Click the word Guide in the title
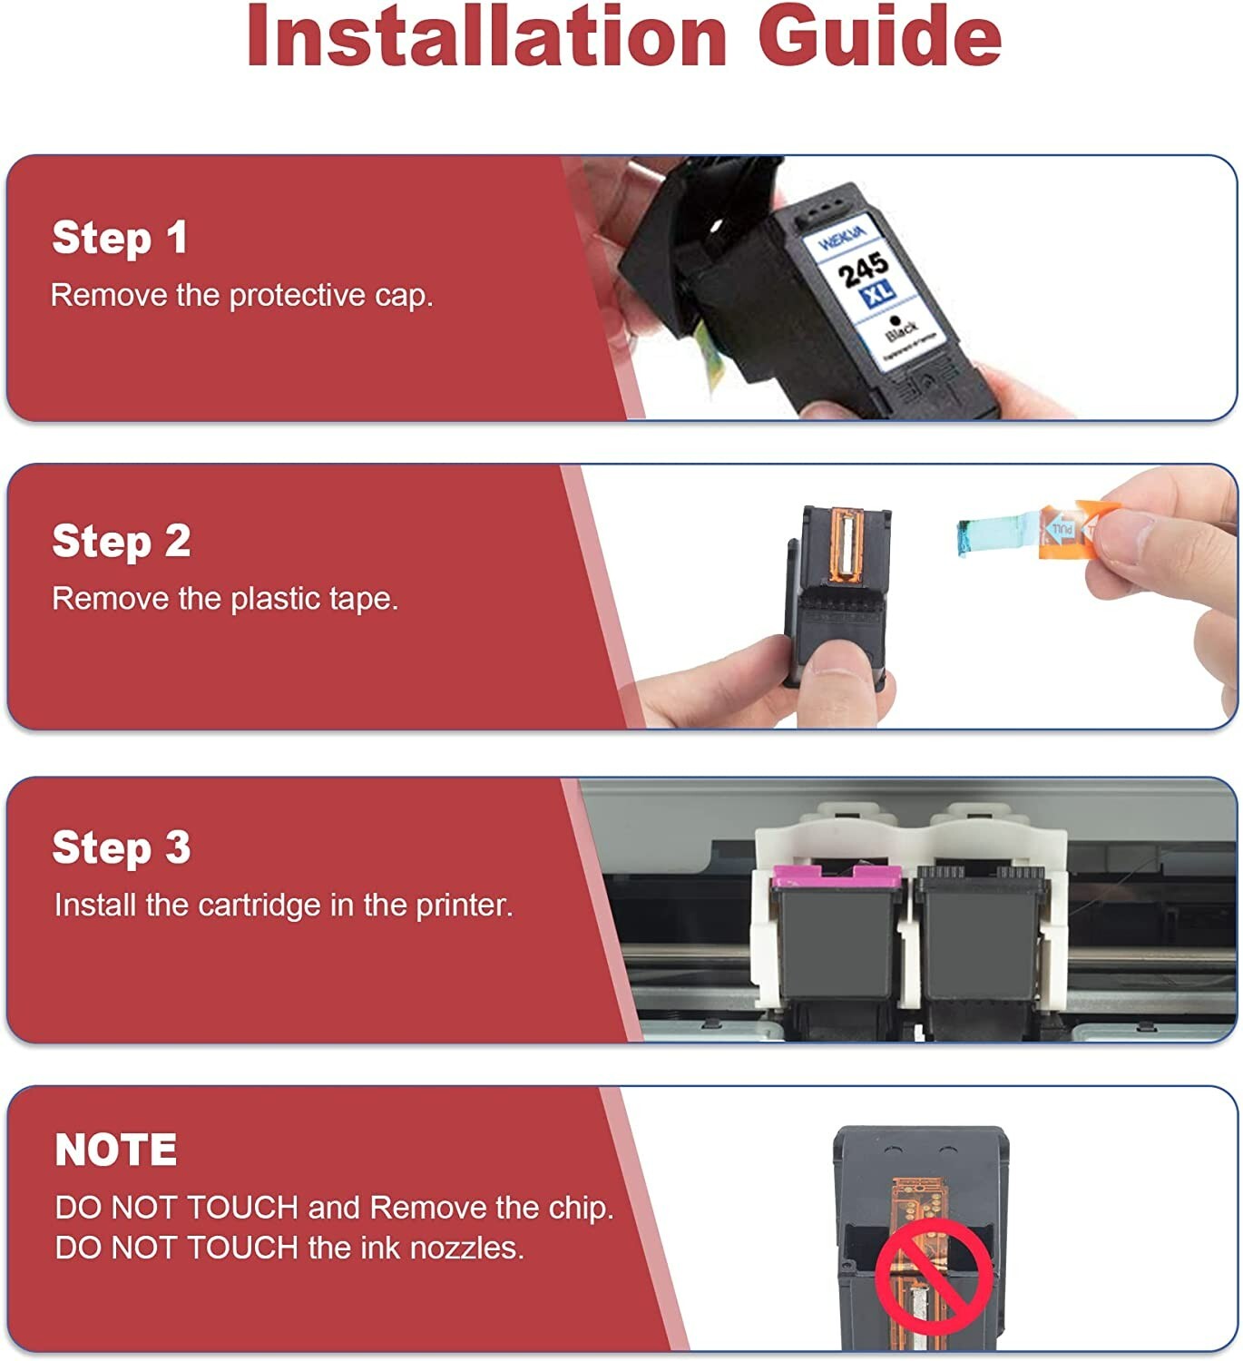pos(880,36)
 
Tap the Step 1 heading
pos(120,238)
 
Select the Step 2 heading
pos(122,542)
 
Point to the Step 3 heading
pos(122,847)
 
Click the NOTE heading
pos(116,1150)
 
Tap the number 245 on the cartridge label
pos(862,269)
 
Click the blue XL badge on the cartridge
pos(878,295)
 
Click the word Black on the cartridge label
pos(901,330)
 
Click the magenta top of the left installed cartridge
pos(837,876)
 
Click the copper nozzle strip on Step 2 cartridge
pos(847,547)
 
